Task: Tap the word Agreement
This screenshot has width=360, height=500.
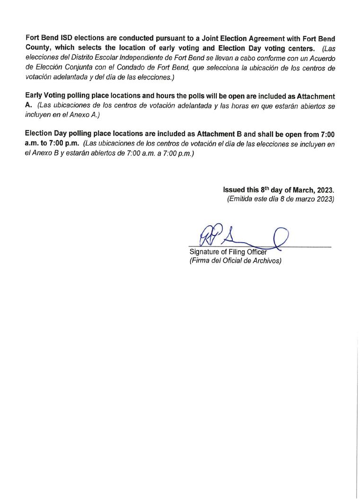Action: coord(254,37)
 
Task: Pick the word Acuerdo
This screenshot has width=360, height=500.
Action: coord(322,58)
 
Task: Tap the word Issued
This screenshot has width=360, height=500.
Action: coord(234,190)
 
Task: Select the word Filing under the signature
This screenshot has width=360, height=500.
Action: coord(235,252)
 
